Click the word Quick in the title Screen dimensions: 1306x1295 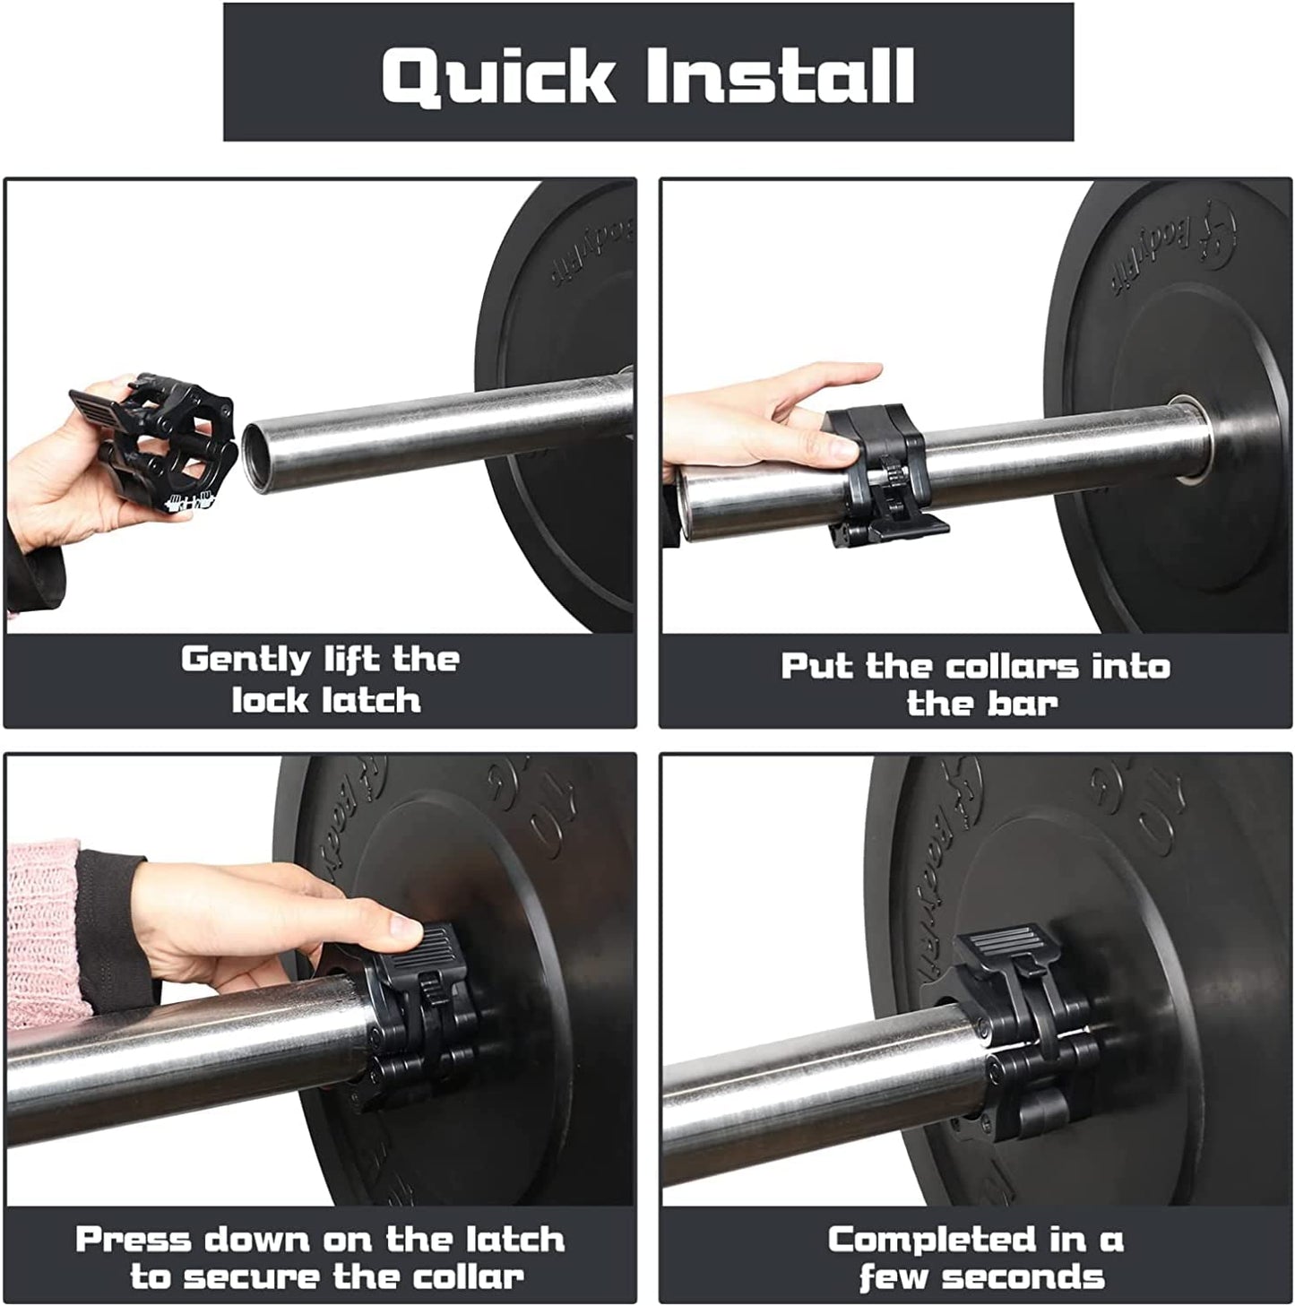(497, 74)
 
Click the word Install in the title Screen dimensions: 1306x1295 (779, 74)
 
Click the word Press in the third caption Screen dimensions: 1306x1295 (133, 1240)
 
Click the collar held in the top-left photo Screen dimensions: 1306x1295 (161, 444)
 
